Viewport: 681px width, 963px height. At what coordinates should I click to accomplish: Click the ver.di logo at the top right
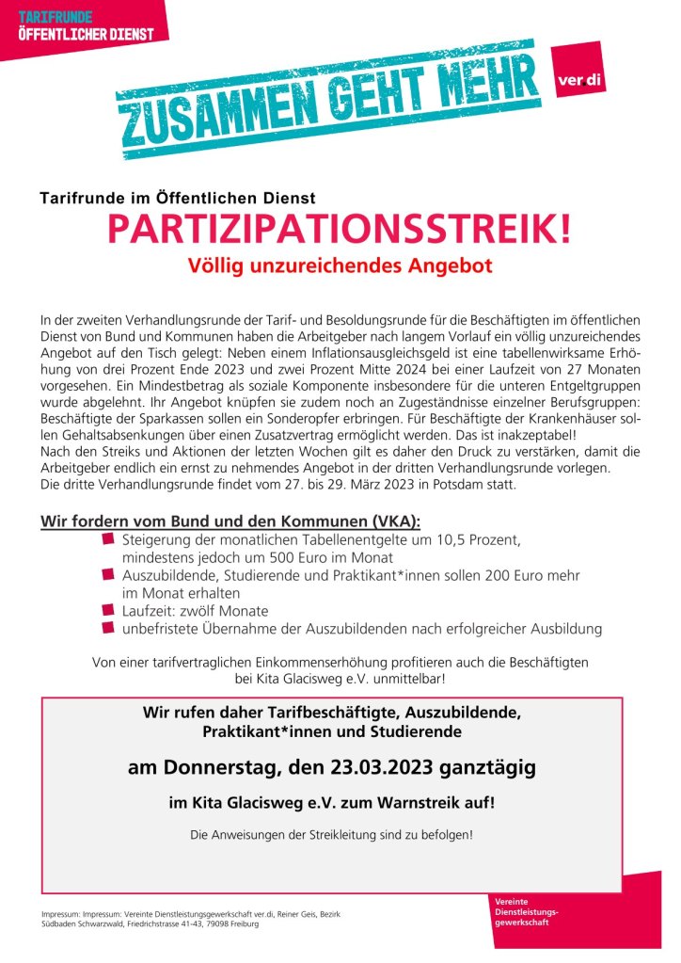click(578, 80)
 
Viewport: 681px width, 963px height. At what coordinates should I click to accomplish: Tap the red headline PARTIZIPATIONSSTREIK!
click(339, 229)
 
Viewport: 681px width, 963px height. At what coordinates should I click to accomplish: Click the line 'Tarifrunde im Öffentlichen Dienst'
click(178, 198)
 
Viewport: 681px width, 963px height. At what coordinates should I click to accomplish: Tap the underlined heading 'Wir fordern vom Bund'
click(230, 522)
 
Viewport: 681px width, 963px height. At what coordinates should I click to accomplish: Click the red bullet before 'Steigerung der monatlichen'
click(108, 538)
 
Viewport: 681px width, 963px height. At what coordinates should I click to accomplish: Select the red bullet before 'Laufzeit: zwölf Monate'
click(108, 610)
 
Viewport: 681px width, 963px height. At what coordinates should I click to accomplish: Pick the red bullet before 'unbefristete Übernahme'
click(108, 627)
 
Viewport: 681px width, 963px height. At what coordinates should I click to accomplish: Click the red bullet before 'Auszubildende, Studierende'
click(108, 574)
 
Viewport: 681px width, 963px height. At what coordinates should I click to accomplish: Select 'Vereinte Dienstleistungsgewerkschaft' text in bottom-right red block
click(527, 912)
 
